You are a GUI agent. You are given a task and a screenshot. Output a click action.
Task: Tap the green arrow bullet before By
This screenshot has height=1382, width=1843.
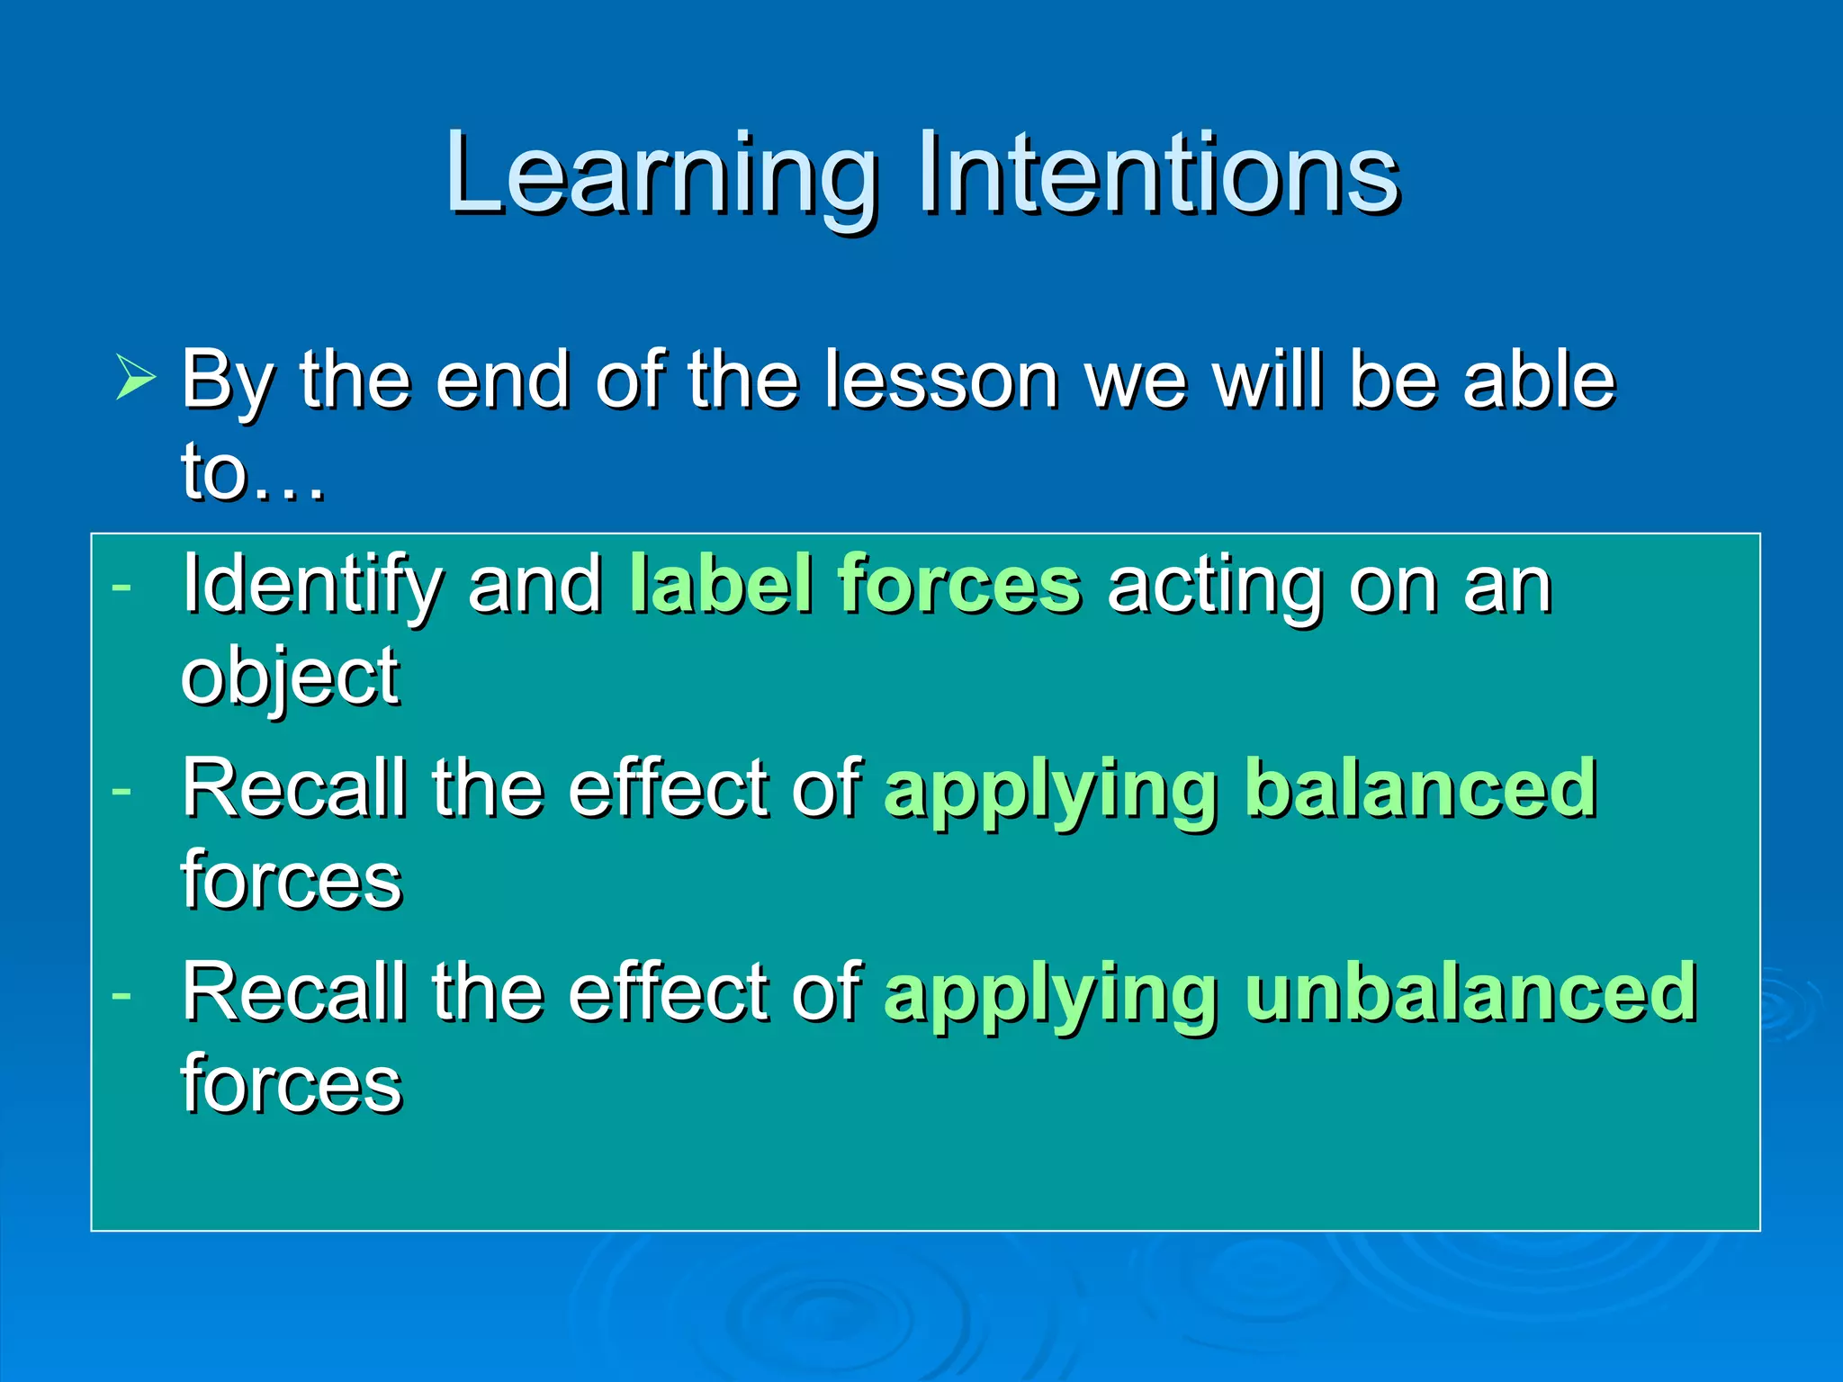tap(136, 377)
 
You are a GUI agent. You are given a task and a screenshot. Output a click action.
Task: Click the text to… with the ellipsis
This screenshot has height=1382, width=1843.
tap(252, 472)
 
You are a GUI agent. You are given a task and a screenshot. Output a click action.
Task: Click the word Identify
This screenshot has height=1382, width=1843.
tap(311, 586)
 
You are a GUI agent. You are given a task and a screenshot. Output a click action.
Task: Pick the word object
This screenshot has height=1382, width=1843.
tap(290, 678)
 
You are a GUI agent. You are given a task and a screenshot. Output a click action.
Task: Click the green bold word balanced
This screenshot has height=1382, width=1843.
tap(1421, 788)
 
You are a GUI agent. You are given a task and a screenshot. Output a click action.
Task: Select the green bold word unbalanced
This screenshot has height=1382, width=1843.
tap(1470, 992)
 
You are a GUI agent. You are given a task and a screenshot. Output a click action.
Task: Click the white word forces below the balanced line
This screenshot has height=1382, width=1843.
tap(291, 880)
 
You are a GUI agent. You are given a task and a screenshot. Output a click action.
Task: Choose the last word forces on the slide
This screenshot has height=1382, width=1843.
tap(291, 1084)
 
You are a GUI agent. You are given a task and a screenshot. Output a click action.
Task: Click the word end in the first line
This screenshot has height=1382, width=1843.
tap(501, 380)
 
